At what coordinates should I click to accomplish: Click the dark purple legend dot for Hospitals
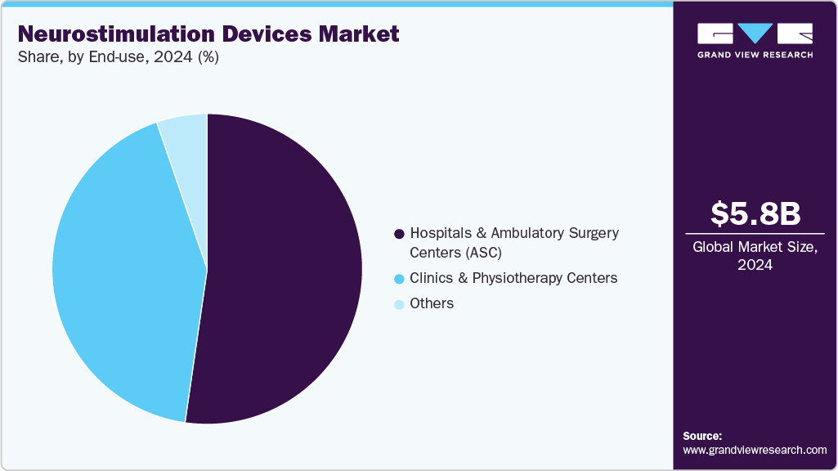[x=399, y=234]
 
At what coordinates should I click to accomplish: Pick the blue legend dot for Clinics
[x=399, y=279]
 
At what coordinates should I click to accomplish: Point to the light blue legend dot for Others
[x=399, y=304]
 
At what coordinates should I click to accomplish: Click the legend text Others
[x=432, y=303]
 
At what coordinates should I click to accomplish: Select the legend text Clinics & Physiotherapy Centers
[x=513, y=278]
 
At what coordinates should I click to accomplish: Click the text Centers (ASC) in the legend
[x=455, y=252]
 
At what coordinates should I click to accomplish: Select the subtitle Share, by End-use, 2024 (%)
[x=118, y=57]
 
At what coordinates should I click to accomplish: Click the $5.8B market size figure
[x=755, y=213]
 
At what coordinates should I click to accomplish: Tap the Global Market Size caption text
[x=755, y=247]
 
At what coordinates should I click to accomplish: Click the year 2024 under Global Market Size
[x=755, y=265]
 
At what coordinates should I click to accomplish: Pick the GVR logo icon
[x=755, y=34]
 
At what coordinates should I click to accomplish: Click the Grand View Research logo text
[x=755, y=55]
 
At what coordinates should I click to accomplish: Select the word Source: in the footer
[x=702, y=436]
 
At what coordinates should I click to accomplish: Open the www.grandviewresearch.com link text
[x=755, y=450]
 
